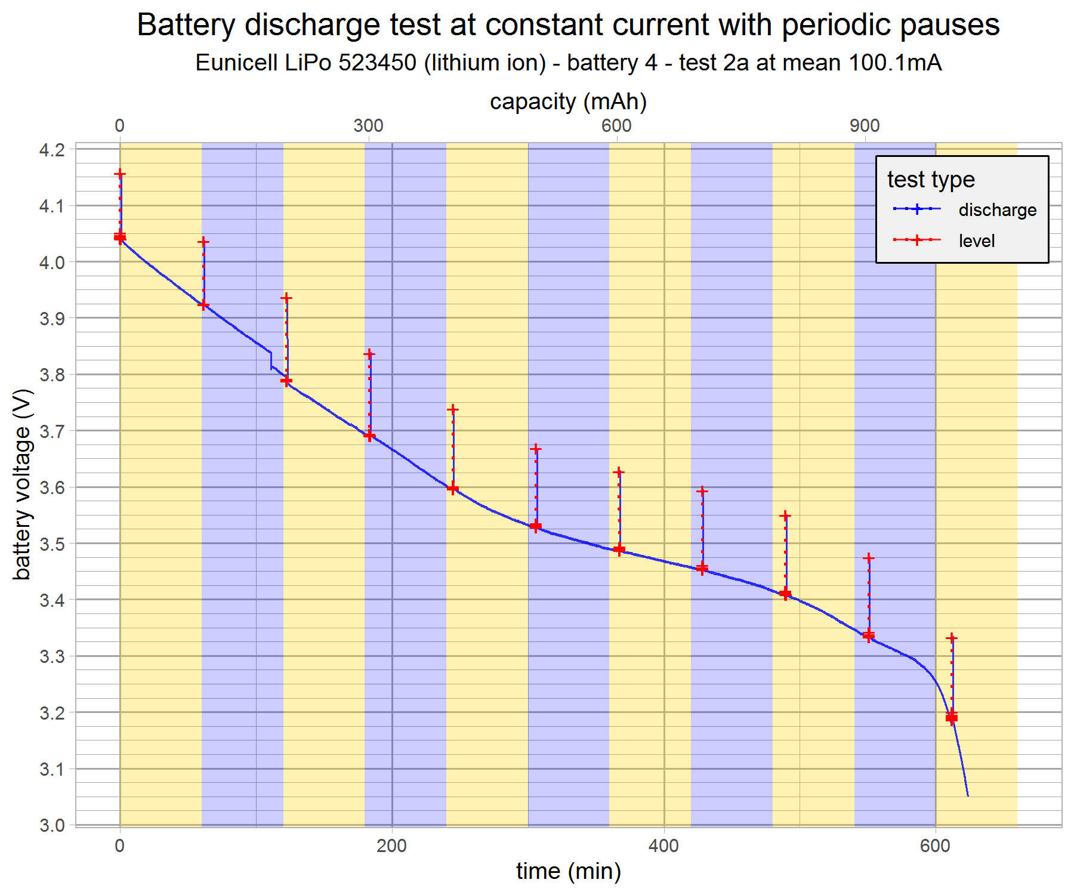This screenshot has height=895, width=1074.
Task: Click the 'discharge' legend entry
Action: point(997,210)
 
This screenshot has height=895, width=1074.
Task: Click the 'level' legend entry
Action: point(976,241)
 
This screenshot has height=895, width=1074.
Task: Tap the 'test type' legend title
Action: point(931,179)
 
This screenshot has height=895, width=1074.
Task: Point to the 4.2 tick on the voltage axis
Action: point(52,150)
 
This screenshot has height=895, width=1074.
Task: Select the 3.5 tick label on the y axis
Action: point(52,544)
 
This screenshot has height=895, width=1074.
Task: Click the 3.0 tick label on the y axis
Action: point(52,826)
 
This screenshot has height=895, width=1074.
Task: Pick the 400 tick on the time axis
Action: point(663,845)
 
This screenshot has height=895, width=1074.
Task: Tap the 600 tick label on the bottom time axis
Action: point(935,845)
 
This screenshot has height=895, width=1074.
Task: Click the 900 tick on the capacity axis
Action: point(865,125)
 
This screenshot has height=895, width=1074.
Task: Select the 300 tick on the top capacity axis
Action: point(368,125)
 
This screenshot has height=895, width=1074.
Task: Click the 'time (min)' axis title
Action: point(568,871)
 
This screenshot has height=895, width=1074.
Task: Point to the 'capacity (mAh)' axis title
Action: point(568,101)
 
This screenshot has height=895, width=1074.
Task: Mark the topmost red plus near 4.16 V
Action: point(120,174)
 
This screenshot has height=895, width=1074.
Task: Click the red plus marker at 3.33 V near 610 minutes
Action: point(952,638)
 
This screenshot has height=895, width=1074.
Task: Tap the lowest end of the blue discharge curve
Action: point(967,795)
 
